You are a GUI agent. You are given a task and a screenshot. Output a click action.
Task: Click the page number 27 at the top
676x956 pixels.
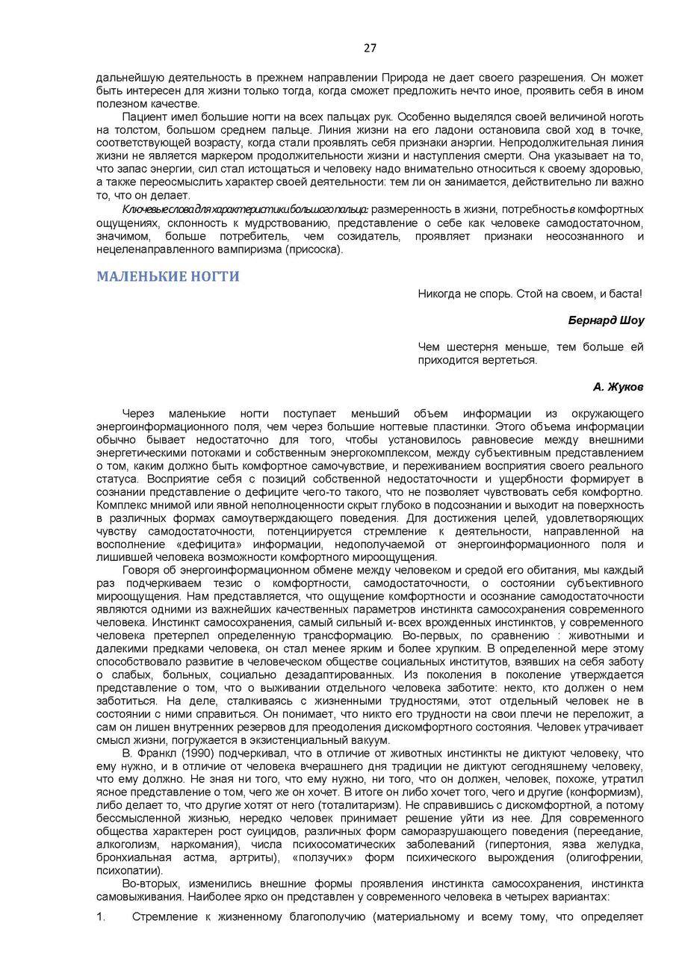[370, 49]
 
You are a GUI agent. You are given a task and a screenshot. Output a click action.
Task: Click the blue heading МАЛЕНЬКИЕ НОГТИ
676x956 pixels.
[168, 276]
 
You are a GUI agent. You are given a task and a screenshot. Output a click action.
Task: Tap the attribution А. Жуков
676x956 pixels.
[618, 387]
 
